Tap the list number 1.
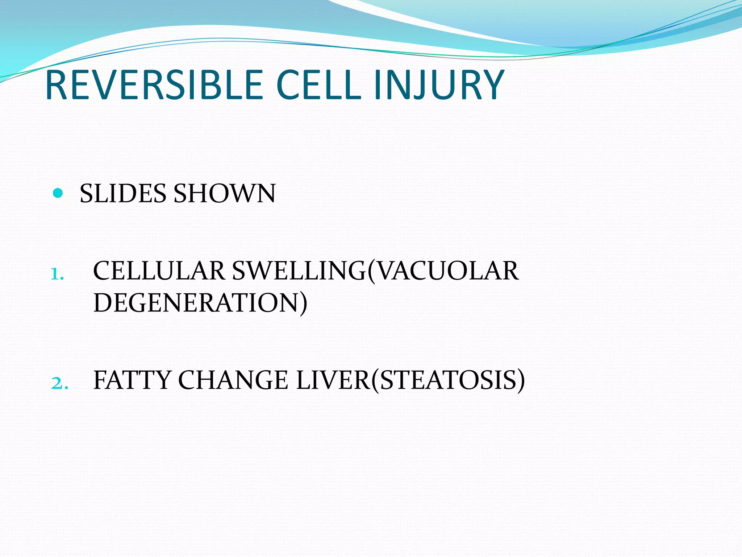click(57, 274)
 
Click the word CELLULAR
click(159, 271)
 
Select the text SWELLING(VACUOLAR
click(375, 271)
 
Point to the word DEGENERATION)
click(200, 303)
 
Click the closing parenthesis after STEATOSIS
click(521, 381)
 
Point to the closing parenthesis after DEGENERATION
click(303, 304)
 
